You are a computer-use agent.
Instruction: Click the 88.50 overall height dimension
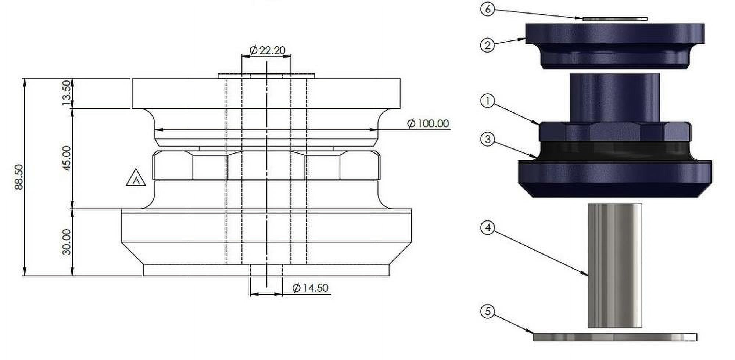click(x=19, y=177)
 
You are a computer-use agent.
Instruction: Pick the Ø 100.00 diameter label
click(x=428, y=123)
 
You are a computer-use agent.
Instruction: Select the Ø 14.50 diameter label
click(x=310, y=288)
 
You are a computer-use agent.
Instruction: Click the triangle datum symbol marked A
click(x=136, y=178)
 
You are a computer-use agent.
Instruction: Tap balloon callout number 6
click(x=488, y=9)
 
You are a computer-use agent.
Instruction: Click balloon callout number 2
click(x=488, y=45)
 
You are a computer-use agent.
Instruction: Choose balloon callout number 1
click(x=488, y=101)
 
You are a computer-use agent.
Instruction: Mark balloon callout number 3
click(x=488, y=139)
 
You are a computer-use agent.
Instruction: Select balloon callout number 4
click(x=488, y=228)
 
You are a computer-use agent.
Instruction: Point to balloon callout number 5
click(x=488, y=312)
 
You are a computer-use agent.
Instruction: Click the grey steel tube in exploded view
click(x=614, y=264)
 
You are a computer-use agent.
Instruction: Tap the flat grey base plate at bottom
click(x=614, y=337)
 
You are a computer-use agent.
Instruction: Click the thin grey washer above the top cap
click(x=614, y=18)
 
